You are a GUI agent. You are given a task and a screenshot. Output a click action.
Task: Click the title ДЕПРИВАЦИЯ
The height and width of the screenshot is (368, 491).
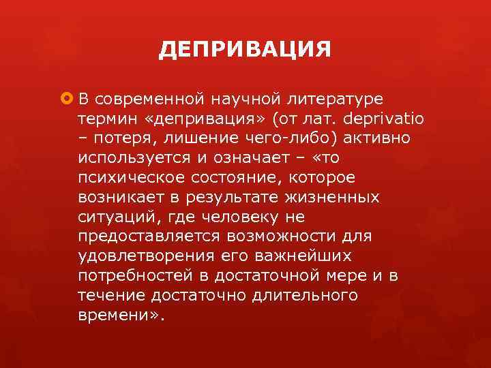click(245, 50)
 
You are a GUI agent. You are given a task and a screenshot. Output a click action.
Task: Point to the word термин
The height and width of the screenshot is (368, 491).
click(102, 119)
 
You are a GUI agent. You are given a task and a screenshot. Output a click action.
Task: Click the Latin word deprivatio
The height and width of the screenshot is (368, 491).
click(385, 119)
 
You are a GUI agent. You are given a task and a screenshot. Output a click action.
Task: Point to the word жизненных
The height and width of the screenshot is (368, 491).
click(337, 198)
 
